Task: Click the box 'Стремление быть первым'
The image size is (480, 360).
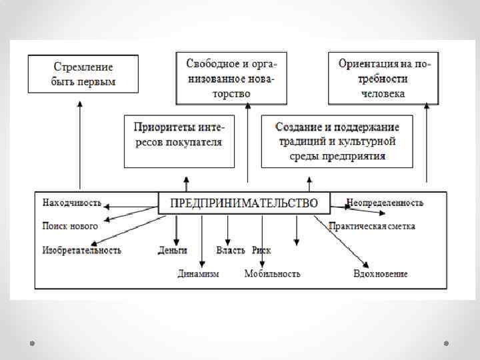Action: [x=83, y=74]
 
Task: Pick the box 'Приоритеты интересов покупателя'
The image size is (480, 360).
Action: [x=179, y=141]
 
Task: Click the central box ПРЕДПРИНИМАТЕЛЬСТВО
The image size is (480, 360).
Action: [x=243, y=203]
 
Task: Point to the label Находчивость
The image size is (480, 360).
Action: [x=73, y=202]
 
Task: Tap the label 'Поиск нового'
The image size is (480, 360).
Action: [x=70, y=226]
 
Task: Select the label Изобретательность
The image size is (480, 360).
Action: [x=82, y=251]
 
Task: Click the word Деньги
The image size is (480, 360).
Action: [x=173, y=251]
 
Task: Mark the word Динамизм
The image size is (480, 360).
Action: [x=198, y=273]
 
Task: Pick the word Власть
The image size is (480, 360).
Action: [x=231, y=251]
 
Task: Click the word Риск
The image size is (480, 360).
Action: [x=261, y=251]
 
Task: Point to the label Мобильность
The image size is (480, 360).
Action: [x=272, y=273]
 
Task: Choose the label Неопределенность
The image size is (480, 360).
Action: [x=385, y=202]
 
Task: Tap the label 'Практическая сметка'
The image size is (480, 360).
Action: [x=372, y=226]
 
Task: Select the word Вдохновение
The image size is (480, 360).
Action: [x=381, y=273]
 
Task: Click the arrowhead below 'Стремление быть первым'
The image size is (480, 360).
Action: [x=79, y=103]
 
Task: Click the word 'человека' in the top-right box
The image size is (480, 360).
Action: [x=383, y=94]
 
